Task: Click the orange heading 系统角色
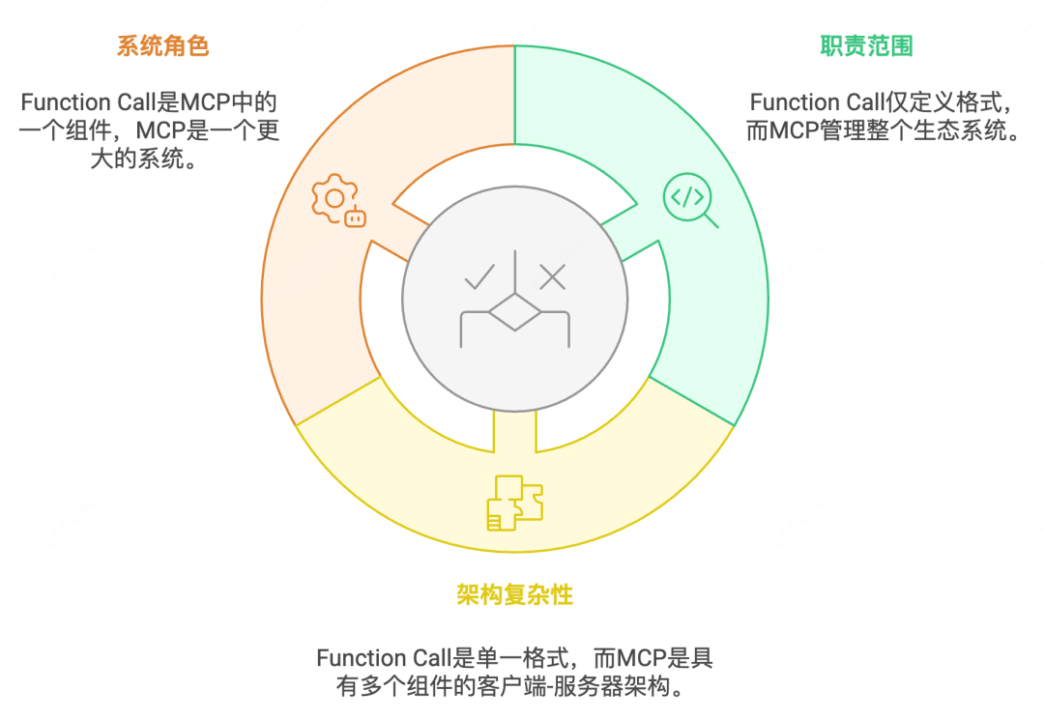click(162, 45)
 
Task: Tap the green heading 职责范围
click(866, 45)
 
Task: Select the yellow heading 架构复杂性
click(514, 594)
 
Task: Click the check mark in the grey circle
click(478, 278)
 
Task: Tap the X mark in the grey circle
click(552, 278)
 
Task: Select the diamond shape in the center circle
click(514, 315)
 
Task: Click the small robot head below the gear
click(356, 217)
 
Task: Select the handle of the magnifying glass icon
click(710, 220)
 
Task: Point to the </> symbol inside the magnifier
click(685, 197)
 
